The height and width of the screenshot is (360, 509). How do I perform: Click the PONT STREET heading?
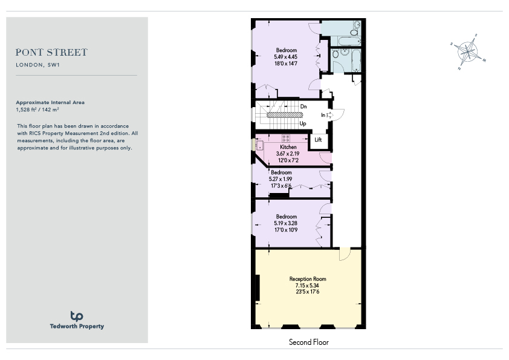pyautogui.click(x=51, y=52)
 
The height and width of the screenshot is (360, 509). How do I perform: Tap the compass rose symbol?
pyautogui.click(x=468, y=51)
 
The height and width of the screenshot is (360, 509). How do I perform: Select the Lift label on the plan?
pyautogui.click(x=318, y=140)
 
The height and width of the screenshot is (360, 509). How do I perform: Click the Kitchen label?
pyautogui.click(x=288, y=147)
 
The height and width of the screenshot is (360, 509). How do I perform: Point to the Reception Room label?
pyautogui.click(x=308, y=279)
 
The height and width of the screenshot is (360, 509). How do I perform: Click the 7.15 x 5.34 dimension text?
pyautogui.click(x=307, y=285)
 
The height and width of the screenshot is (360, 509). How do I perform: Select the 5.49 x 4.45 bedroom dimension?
pyautogui.click(x=286, y=57)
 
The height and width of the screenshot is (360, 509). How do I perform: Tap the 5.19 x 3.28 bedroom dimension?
pyautogui.click(x=286, y=223)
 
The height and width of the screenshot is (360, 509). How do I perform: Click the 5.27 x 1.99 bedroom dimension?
pyautogui.click(x=280, y=179)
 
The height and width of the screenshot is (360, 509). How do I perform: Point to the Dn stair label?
pyautogui.click(x=303, y=106)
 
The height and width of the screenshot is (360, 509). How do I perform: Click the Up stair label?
pyautogui.click(x=303, y=123)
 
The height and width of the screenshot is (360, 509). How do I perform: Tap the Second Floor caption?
pyautogui.click(x=309, y=342)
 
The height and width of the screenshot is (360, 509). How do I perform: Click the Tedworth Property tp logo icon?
pyautogui.click(x=77, y=316)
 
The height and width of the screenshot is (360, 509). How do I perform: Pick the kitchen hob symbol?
pyautogui.click(x=286, y=139)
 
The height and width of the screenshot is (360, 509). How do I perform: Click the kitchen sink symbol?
pyautogui.click(x=260, y=145)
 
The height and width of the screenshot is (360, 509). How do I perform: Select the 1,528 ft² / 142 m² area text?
pyautogui.click(x=37, y=110)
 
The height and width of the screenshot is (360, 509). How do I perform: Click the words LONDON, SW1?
pyautogui.click(x=37, y=65)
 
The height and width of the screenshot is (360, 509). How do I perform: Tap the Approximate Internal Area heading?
pyautogui.click(x=50, y=102)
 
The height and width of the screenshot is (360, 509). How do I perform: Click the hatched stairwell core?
pyautogui.click(x=285, y=115)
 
